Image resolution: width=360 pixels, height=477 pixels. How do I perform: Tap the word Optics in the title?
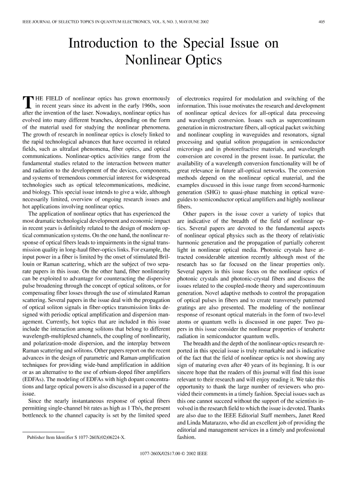tap(205, 61)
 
